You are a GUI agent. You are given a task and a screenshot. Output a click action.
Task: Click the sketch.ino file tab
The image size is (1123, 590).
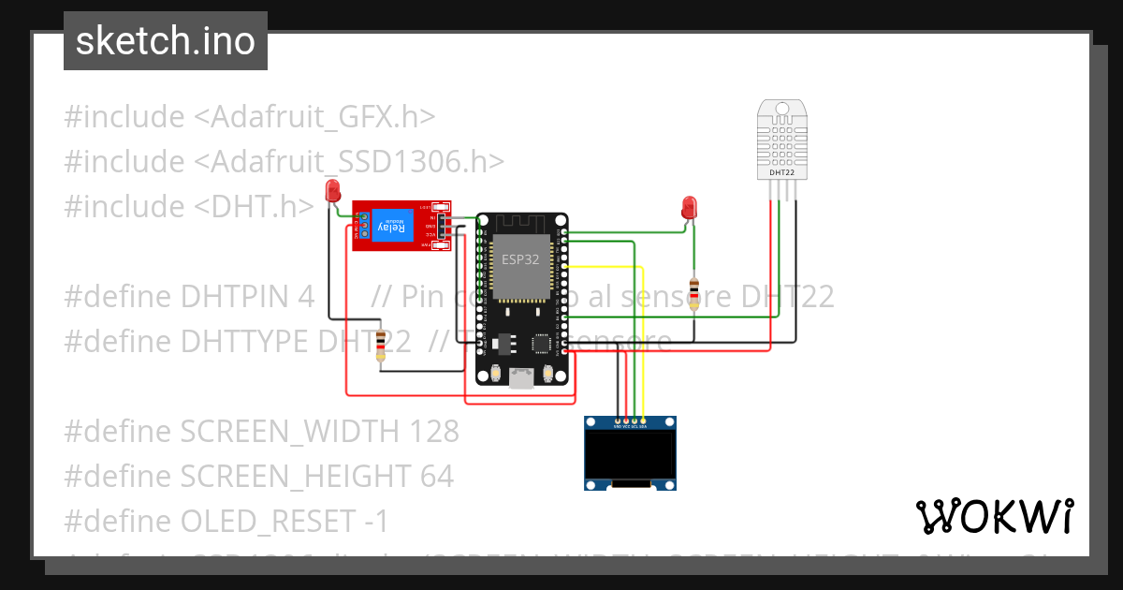[166, 41]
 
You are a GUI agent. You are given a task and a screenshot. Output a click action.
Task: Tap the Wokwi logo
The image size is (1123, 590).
[994, 516]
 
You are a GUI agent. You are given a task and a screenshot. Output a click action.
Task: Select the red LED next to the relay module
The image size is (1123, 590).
[331, 192]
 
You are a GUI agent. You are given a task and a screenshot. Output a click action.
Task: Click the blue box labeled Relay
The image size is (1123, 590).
[392, 226]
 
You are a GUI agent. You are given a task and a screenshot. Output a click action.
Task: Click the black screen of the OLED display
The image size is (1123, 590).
[630, 454]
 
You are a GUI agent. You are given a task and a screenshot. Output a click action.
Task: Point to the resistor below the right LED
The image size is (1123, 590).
[693, 293]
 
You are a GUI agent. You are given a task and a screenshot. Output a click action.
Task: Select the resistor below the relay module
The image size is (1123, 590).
[381, 346]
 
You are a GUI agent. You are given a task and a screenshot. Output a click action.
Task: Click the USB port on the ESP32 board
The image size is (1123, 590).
[521, 377]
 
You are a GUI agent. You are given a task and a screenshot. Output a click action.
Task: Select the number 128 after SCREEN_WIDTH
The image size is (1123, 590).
[434, 431]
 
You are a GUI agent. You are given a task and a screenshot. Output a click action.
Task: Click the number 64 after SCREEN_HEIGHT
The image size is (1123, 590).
[437, 476]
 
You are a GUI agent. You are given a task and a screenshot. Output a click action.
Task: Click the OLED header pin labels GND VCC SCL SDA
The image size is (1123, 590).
[630, 425]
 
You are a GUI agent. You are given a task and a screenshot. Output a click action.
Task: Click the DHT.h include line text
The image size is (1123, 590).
[189, 206]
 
